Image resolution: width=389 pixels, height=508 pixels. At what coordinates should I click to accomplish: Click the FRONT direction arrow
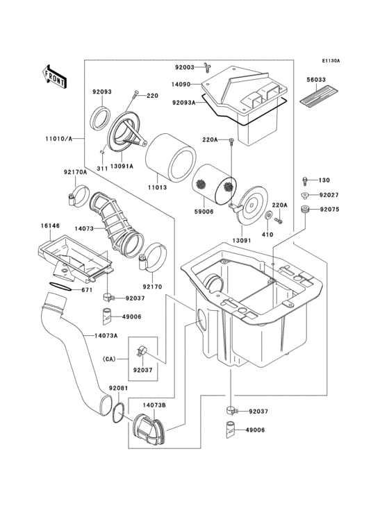pyautogui.click(x=55, y=76)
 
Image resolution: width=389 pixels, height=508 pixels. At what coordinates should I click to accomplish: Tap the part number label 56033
pyautogui.click(x=316, y=80)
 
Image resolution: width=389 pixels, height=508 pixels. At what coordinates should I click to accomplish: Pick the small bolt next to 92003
pyautogui.click(x=206, y=67)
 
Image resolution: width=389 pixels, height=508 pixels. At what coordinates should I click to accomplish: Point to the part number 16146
pyautogui.click(x=31, y=226)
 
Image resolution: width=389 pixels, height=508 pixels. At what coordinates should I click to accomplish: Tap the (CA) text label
pyautogui.click(x=108, y=359)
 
